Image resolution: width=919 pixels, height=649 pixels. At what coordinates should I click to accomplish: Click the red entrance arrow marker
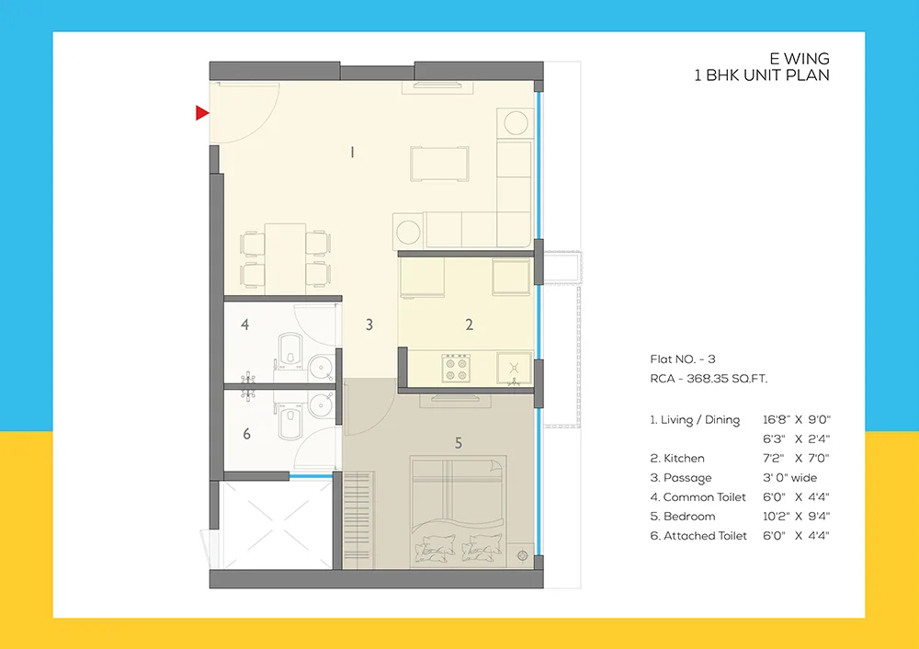[x=202, y=113]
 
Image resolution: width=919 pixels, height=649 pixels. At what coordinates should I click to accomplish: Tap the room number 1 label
[x=352, y=153]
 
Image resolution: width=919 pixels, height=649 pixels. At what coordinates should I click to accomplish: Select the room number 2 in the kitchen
[x=469, y=324]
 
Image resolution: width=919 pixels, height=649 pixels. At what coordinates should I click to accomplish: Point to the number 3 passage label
[x=369, y=324]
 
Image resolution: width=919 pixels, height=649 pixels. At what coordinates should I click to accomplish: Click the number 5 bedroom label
[x=458, y=443]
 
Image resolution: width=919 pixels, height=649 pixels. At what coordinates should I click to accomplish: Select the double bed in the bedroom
[x=458, y=510]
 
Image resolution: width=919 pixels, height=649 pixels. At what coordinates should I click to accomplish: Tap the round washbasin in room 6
[x=321, y=404]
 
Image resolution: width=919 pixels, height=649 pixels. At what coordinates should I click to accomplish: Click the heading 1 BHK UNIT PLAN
[x=761, y=75]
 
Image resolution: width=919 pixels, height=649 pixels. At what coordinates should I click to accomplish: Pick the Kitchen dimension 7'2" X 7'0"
[x=796, y=458]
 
